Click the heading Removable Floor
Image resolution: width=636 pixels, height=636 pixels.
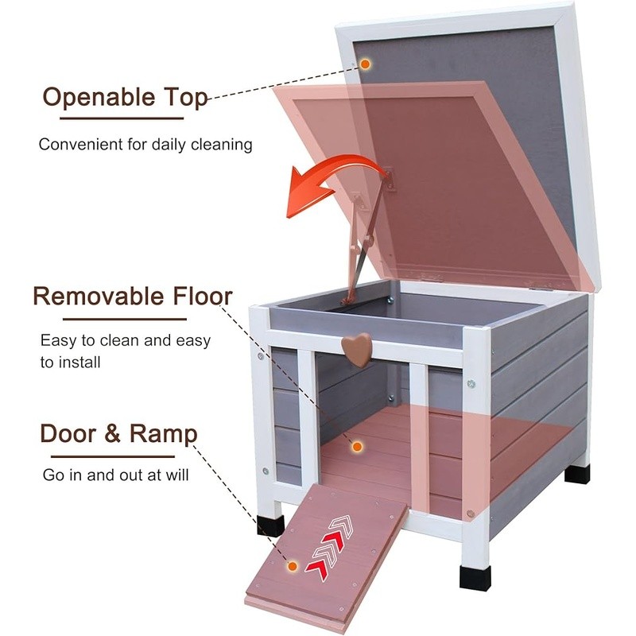tap(132, 297)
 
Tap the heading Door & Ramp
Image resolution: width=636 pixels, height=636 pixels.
tap(118, 434)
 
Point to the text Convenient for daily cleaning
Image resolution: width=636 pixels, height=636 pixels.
tap(145, 145)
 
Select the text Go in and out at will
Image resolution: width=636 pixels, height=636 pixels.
tap(115, 475)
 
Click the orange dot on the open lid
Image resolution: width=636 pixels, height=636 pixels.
tap(365, 63)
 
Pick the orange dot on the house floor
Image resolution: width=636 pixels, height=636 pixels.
tap(357, 448)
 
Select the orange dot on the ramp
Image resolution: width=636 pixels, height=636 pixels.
tap(293, 567)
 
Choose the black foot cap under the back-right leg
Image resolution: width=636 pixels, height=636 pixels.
tap(577, 473)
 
